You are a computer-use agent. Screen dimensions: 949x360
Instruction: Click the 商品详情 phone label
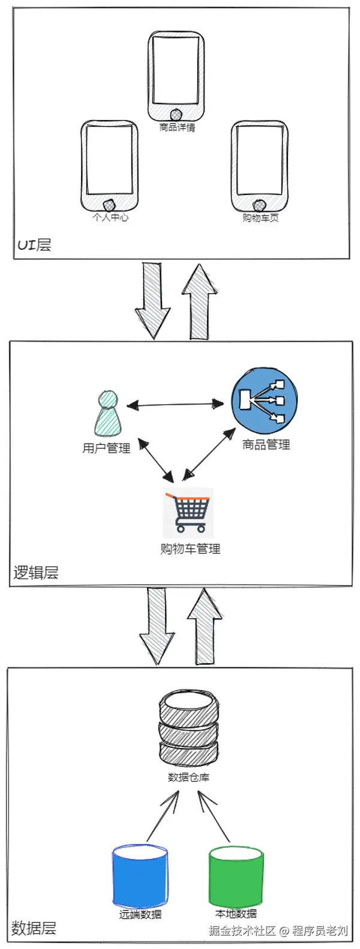(x=177, y=127)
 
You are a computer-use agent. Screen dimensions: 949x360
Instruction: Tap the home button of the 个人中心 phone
(x=109, y=206)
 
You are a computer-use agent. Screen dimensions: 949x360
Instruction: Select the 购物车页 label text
(x=260, y=217)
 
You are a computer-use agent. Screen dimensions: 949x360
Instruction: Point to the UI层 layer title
(x=34, y=245)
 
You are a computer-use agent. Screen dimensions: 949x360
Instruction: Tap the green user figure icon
(x=107, y=414)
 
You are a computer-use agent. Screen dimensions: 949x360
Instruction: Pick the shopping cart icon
(x=188, y=513)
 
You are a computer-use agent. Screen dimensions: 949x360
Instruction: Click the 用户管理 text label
(x=106, y=448)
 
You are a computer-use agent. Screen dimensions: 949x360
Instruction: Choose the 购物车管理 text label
(x=190, y=549)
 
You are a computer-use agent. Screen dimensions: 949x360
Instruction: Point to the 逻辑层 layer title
(x=36, y=573)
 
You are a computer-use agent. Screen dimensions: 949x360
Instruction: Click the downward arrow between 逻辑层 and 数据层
(x=157, y=624)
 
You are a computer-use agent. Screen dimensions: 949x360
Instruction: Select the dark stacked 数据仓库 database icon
(x=187, y=727)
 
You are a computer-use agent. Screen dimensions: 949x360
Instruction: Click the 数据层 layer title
(x=34, y=929)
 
